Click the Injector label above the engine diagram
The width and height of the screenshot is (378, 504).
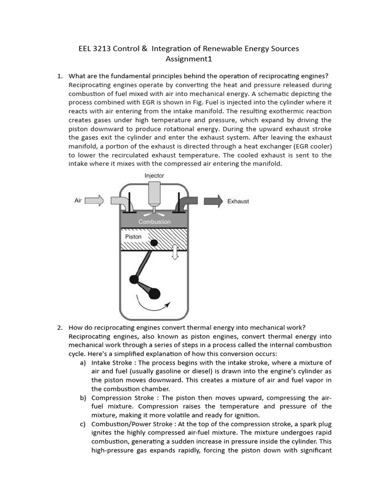(154, 176)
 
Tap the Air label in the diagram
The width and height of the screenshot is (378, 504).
(78, 201)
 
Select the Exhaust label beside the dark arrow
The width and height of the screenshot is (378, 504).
(238, 201)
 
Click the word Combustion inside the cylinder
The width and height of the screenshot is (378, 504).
(155, 222)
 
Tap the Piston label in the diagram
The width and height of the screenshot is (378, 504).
(133, 237)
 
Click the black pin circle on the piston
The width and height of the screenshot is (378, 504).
(154, 242)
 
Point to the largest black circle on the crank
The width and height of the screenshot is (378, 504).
(154, 294)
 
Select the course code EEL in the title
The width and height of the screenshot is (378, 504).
(86, 49)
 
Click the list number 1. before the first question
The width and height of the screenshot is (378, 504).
(60, 76)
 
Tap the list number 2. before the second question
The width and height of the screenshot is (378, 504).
(60, 327)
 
